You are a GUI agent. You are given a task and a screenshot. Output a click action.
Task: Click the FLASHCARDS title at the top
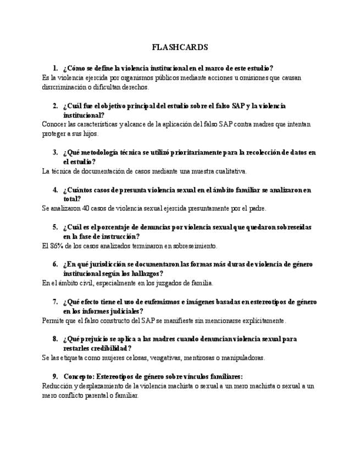pyautogui.click(x=180, y=47)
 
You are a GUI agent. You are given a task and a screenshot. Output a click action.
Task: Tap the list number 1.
pyautogui.click(x=55, y=69)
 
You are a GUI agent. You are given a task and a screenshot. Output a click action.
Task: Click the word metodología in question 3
pyautogui.click(x=99, y=152)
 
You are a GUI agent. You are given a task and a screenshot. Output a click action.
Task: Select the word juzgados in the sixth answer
pyautogui.click(x=171, y=283)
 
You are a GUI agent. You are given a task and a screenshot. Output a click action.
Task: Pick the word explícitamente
pyautogui.click(x=258, y=320)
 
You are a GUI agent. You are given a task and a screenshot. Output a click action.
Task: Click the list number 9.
pyautogui.click(x=55, y=376)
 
